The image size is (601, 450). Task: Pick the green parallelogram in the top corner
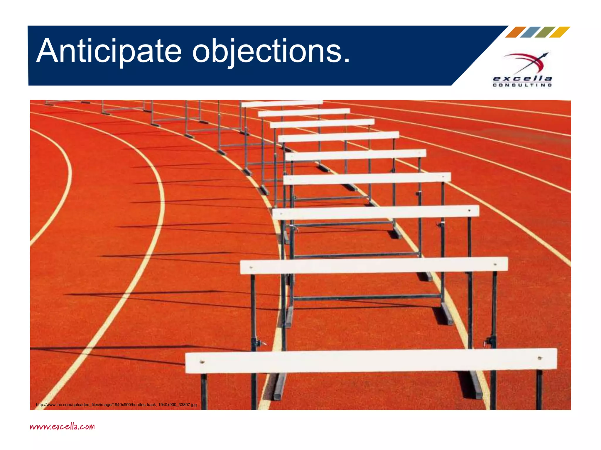545,32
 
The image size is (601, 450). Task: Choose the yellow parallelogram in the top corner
560,32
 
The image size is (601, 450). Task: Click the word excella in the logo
522,79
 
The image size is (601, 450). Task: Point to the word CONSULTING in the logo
522,85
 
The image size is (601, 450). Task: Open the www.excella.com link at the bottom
62,426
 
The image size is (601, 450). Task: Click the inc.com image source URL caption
116,405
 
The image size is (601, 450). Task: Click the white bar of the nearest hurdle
371,361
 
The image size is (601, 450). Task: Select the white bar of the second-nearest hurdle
374,265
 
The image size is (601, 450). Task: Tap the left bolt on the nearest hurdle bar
202,362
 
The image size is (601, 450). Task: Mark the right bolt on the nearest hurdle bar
539,358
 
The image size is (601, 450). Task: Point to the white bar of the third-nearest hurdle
376,212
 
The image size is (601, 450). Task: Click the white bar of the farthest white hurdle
282,103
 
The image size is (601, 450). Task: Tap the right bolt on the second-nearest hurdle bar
495,265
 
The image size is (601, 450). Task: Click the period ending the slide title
347,60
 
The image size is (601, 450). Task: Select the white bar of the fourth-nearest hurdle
367,178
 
